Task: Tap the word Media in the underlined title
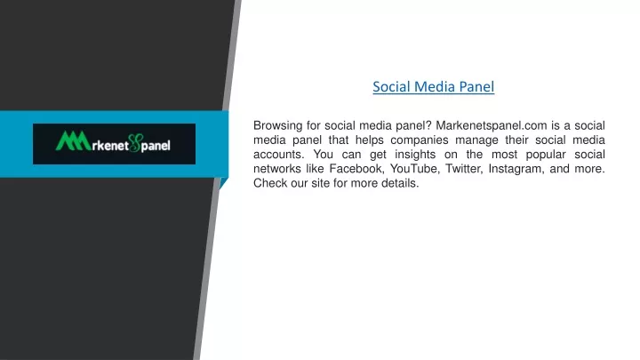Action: coord(435,86)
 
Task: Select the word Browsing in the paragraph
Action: coord(277,125)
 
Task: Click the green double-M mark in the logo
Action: coord(73,140)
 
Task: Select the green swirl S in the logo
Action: coord(134,143)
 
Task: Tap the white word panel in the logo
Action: coord(156,146)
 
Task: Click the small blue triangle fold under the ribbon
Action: coord(223,183)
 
